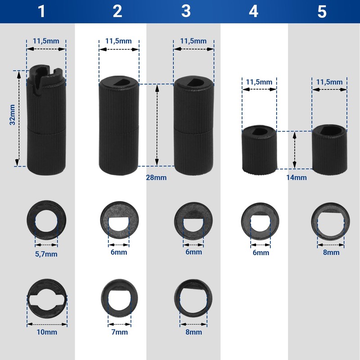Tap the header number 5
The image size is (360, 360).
tap(322, 11)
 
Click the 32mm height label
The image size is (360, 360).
tap(13, 115)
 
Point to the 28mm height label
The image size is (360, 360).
tap(156, 177)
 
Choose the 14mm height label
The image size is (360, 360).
tap(297, 177)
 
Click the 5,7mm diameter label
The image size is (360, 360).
tap(46, 254)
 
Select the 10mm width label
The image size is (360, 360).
tap(47, 332)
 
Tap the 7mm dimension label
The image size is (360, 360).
tap(119, 332)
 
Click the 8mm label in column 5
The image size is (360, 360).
tap(331, 252)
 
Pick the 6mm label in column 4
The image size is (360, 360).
tap(261, 252)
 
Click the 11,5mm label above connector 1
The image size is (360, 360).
tap(46, 41)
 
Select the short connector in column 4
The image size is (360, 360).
tap(259, 150)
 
